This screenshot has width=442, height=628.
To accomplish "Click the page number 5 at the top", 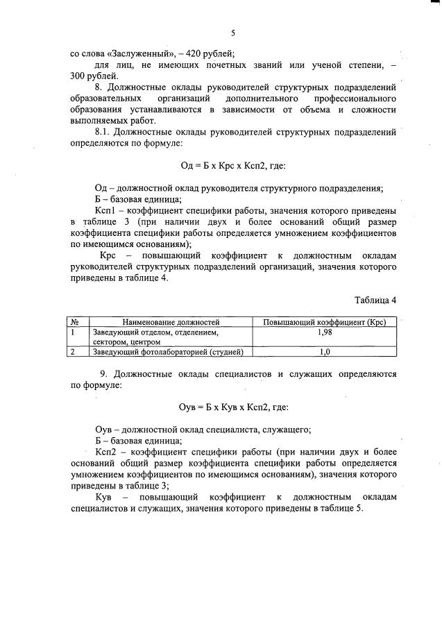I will (233, 33).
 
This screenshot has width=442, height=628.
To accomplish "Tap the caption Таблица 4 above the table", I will (375, 300).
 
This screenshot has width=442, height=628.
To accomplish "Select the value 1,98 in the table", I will (324, 333).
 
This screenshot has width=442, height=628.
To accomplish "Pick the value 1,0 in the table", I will (324, 352).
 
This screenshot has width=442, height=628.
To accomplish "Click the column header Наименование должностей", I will (171, 322).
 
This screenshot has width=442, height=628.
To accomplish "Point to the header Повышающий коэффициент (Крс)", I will (324, 322).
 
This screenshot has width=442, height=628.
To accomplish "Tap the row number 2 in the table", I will (73, 352).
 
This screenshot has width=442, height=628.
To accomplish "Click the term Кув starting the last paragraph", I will (108, 498).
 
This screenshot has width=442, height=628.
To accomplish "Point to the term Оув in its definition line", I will (105, 428).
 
